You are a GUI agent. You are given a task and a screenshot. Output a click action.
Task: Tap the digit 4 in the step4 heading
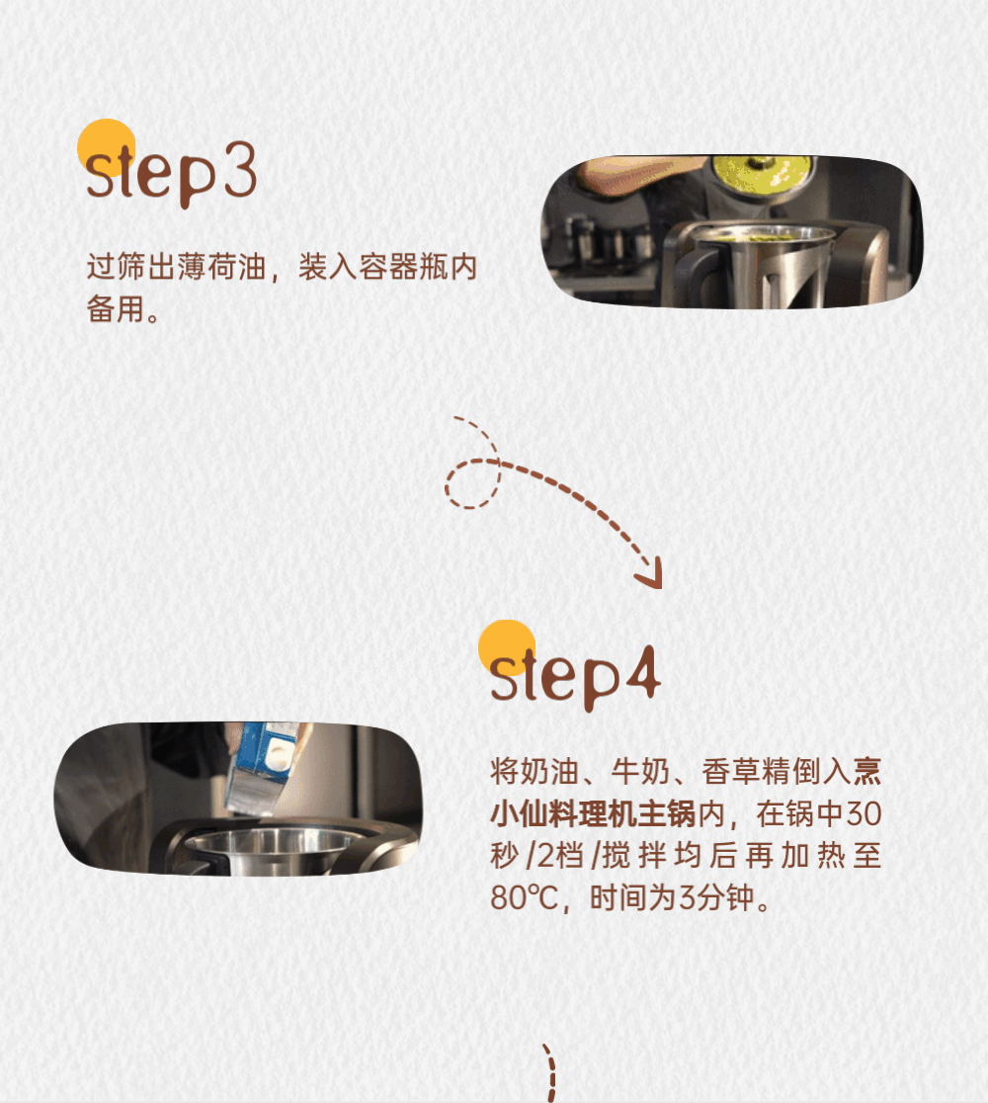[x=642, y=672]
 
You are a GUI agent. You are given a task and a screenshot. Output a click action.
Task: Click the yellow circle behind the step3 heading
[x=106, y=147]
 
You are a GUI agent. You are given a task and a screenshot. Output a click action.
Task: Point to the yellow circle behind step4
[x=507, y=648]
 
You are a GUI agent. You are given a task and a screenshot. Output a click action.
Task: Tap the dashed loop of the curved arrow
[x=472, y=484]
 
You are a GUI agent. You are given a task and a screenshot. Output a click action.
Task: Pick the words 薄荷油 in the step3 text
[x=222, y=267]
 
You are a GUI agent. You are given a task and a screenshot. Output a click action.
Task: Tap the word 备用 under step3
[x=116, y=308]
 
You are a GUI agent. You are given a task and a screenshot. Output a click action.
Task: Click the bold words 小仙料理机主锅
[x=593, y=813]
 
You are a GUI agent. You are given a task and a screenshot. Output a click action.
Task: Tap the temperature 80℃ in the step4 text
[x=524, y=897]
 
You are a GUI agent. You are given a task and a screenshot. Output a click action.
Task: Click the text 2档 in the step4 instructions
[x=560, y=856]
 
